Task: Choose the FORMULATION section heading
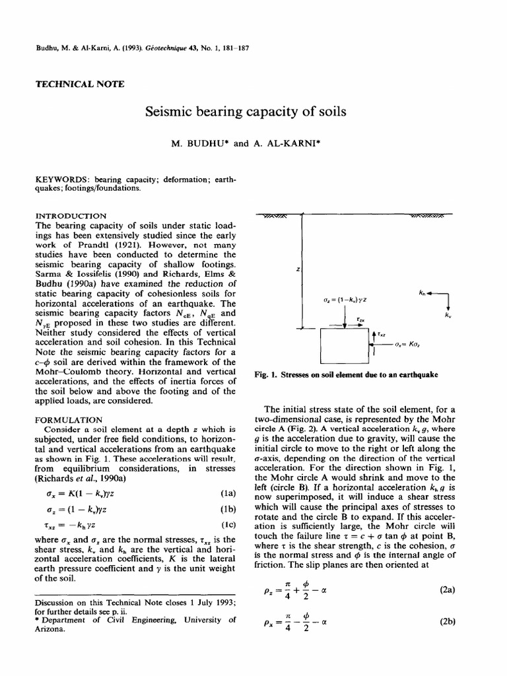pyautogui.click(x=68, y=419)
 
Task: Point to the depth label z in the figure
pyautogui.click(x=298, y=270)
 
